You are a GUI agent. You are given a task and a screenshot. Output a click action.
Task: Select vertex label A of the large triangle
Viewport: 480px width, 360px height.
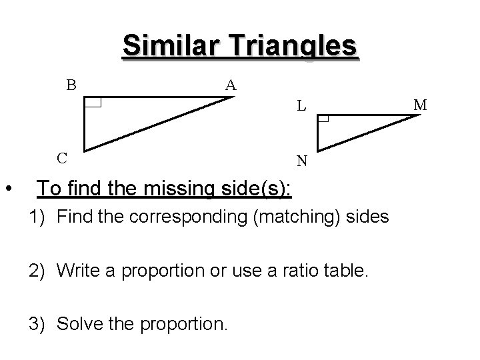click(230, 85)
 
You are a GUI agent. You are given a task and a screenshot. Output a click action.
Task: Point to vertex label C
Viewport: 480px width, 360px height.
click(61, 158)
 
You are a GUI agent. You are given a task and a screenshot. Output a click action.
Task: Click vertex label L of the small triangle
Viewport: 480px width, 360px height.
click(302, 105)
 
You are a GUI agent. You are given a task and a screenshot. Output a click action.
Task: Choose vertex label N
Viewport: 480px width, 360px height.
click(302, 161)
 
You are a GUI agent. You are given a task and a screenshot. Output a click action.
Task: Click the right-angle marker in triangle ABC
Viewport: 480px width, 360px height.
click(93, 103)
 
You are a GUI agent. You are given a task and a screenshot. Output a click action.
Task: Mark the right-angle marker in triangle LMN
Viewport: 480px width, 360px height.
click(324, 119)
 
